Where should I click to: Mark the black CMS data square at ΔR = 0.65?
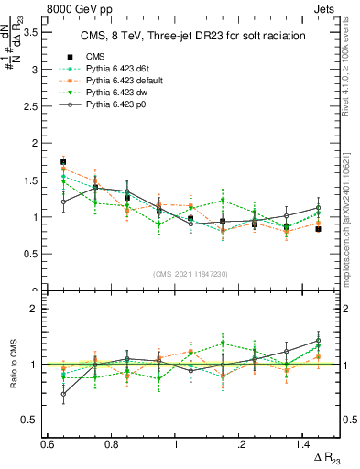coord(63,162)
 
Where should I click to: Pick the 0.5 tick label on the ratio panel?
coord(29,420)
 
